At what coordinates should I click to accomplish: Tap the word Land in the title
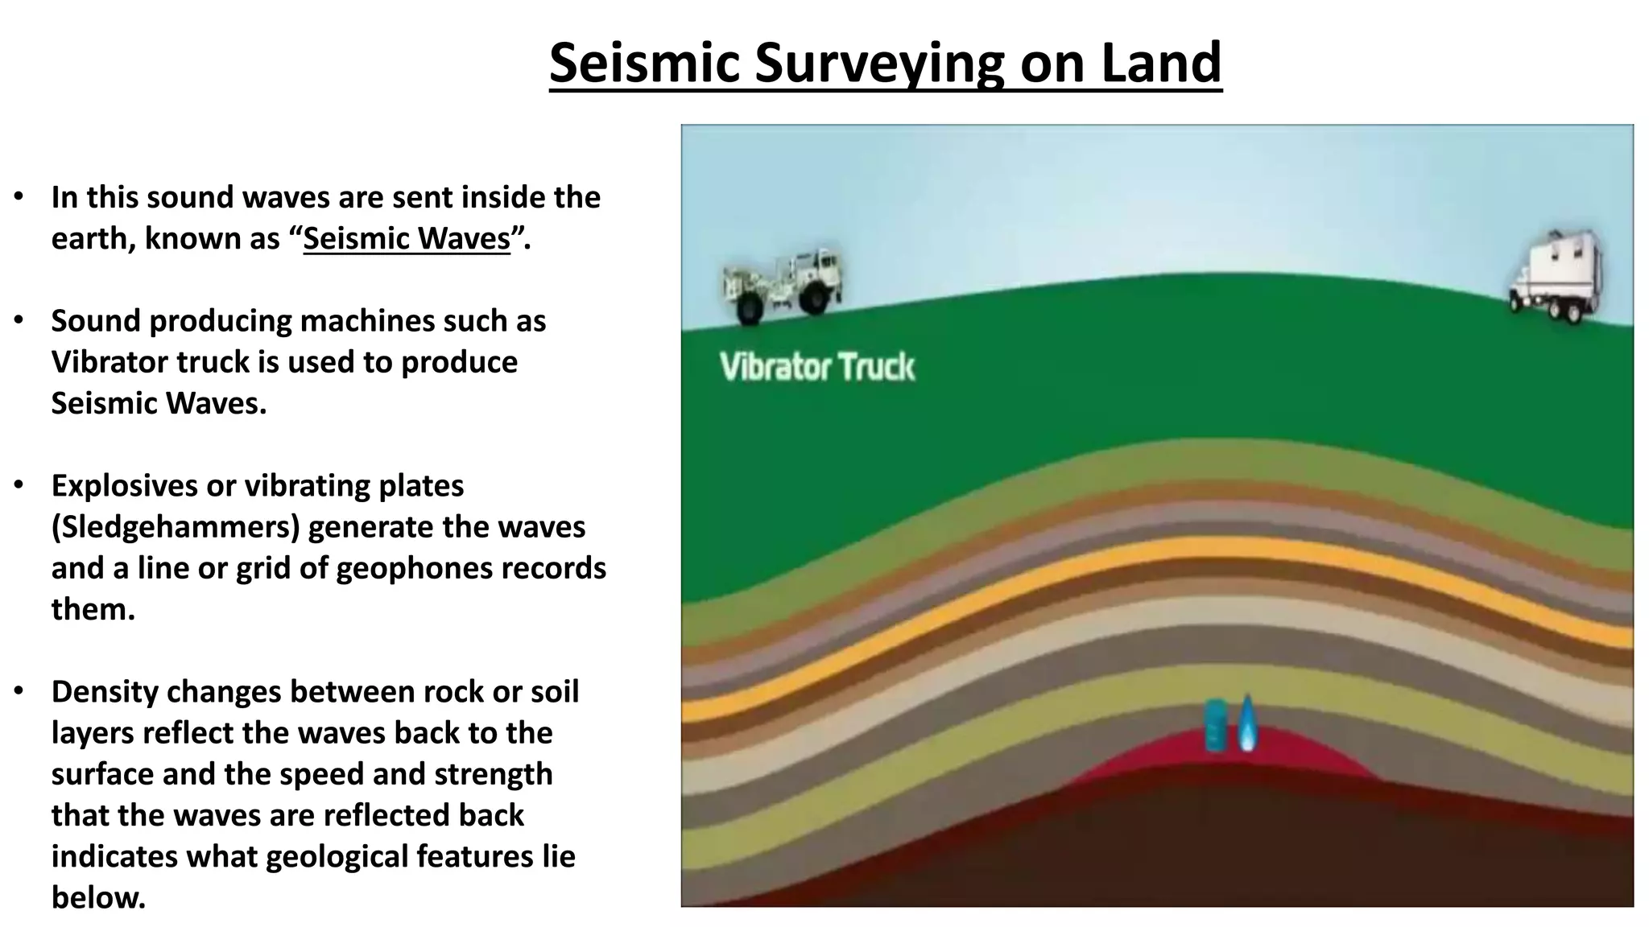tap(1161, 63)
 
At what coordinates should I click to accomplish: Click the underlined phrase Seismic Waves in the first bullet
tap(407, 239)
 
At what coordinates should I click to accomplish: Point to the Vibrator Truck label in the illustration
tap(816, 367)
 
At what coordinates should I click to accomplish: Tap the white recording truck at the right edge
tap(1556, 275)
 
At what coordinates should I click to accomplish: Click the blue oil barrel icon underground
tap(1216, 725)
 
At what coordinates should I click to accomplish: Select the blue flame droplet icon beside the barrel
tap(1246, 723)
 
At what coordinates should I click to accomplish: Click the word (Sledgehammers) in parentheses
tap(176, 527)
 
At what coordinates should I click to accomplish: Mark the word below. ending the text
tap(98, 897)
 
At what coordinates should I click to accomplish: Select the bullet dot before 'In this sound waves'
tap(19, 196)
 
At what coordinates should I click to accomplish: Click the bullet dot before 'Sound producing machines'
tap(19, 320)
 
